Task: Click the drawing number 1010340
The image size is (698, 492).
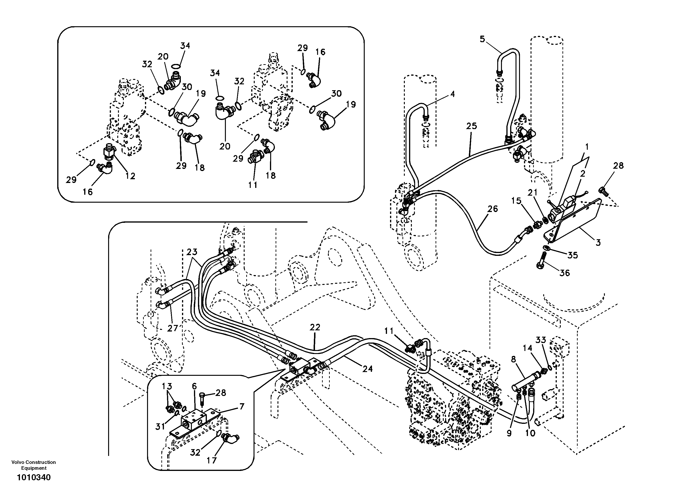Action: [34, 478]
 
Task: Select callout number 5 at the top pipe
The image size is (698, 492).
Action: [482, 39]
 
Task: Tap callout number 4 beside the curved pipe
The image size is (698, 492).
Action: [452, 94]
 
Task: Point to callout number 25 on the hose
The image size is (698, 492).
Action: [471, 126]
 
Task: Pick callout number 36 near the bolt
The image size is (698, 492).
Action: [565, 273]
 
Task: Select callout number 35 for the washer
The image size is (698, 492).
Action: [573, 255]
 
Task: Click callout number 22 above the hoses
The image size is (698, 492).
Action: [315, 327]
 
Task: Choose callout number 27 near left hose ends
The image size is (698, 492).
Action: [172, 328]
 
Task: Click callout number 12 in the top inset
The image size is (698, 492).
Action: [130, 176]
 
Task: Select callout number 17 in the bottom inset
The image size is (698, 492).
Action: [212, 460]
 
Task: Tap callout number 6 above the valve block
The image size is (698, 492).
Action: [194, 386]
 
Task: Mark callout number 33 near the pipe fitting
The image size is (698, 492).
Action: [541, 340]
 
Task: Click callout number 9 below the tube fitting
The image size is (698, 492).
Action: [509, 433]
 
